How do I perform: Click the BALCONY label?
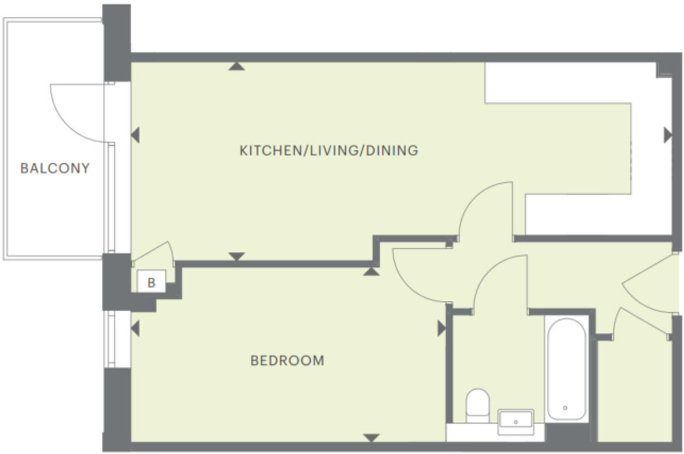pyautogui.click(x=55, y=168)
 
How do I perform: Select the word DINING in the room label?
pyautogui.click(x=392, y=150)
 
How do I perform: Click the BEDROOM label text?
pyautogui.click(x=287, y=360)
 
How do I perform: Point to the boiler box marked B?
pyautogui.click(x=152, y=282)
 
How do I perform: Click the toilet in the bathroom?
pyautogui.click(x=477, y=404)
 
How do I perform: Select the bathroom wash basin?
pyautogui.click(x=515, y=421)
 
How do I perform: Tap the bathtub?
pyautogui.click(x=565, y=369)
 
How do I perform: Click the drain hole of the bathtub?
pyautogui.click(x=565, y=407)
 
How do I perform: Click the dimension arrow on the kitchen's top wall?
pyautogui.click(x=236, y=66)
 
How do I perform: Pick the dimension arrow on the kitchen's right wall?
pyautogui.click(x=667, y=135)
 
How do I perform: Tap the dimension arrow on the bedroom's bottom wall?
pyautogui.click(x=371, y=438)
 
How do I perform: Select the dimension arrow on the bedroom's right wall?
pyautogui.click(x=441, y=328)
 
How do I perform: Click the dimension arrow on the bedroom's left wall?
pyautogui.click(x=135, y=328)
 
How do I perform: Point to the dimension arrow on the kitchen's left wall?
pyautogui.click(x=135, y=135)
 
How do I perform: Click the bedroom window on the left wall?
pyautogui.click(x=109, y=339)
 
